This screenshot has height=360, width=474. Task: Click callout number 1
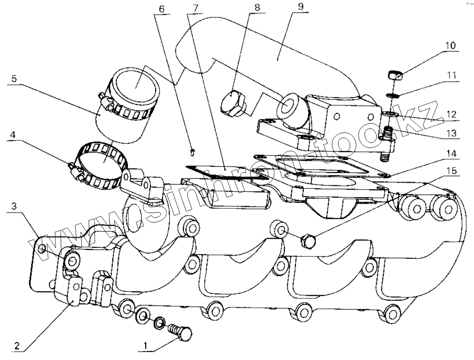145,346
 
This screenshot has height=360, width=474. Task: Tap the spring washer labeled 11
392,96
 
